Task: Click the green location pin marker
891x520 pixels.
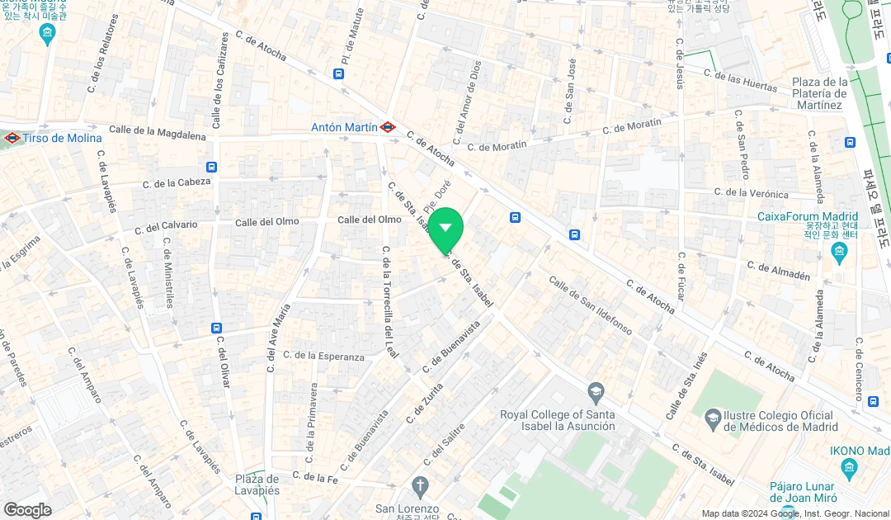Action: click(x=445, y=229)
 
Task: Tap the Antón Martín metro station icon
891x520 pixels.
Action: click(x=388, y=127)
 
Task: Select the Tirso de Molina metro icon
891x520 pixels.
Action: click(x=12, y=138)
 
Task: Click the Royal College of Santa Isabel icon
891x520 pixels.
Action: click(x=596, y=390)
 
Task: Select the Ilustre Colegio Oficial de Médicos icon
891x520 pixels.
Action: click(x=711, y=419)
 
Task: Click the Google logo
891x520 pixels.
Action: click(x=27, y=509)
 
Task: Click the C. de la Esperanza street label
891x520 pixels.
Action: click(x=323, y=356)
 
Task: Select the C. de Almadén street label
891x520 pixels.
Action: click(x=778, y=271)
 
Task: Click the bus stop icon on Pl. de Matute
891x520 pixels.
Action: click(x=338, y=73)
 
